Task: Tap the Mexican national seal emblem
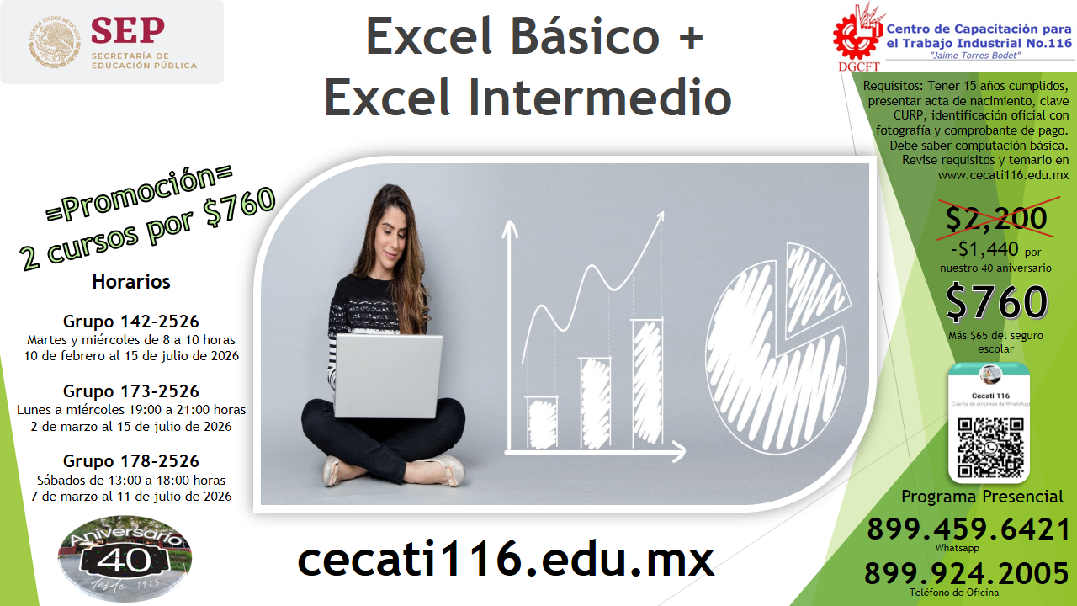pyautogui.click(x=52, y=44)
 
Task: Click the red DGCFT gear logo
pyautogui.click(x=857, y=34)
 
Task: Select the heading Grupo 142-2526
pyautogui.click(x=131, y=322)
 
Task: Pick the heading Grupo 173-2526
pyautogui.click(x=131, y=391)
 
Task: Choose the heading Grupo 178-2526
pyautogui.click(x=131, y=461)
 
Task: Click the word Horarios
pyautogui.click(x=131, y=282)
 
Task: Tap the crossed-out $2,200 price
pyautogui.click(x=996, y=218)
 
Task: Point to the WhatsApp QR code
pyautogui.click(x=989, y=446)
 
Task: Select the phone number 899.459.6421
pyautogui.click(x=968, y=529)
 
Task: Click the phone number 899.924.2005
pyautogui.click(x=967, y=574)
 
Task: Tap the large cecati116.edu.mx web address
pyautogui.click(x=506, y=559)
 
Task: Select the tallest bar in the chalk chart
pyautogui.click(x=646, y=383)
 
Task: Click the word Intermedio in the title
pyautogui.click(x=598, y=98)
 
